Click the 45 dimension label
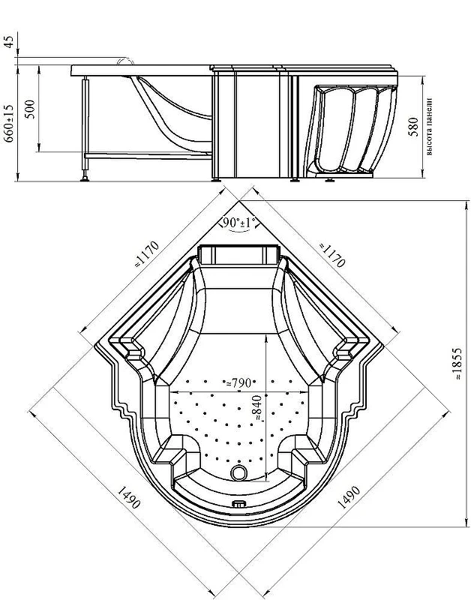pyautogui.click(x=9, y=42)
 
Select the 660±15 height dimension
pyautogui.click(x=9, y=123)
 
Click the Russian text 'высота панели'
pyautogui.click(x=429, y=127)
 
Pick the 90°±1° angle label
pyautogui.click(x=239, y=223)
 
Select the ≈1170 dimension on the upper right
pyautogui.click(x=332, y=255)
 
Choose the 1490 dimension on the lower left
pyautogui.click(x=128, y=497)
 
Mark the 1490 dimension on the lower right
pyautogui.click(x=348, y=497)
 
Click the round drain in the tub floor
pyautogui.click(x=239, y=473)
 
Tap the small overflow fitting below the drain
pyautogui.click(x=239, y=504)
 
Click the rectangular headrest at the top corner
pyautogui.click(x=238, y=255)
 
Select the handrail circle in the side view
pyautogui.click(x=126, y=61)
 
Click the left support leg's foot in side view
pyautogui.click(x=85, y=178)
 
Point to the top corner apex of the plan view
pyautogui.click(x=239, y=200)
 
